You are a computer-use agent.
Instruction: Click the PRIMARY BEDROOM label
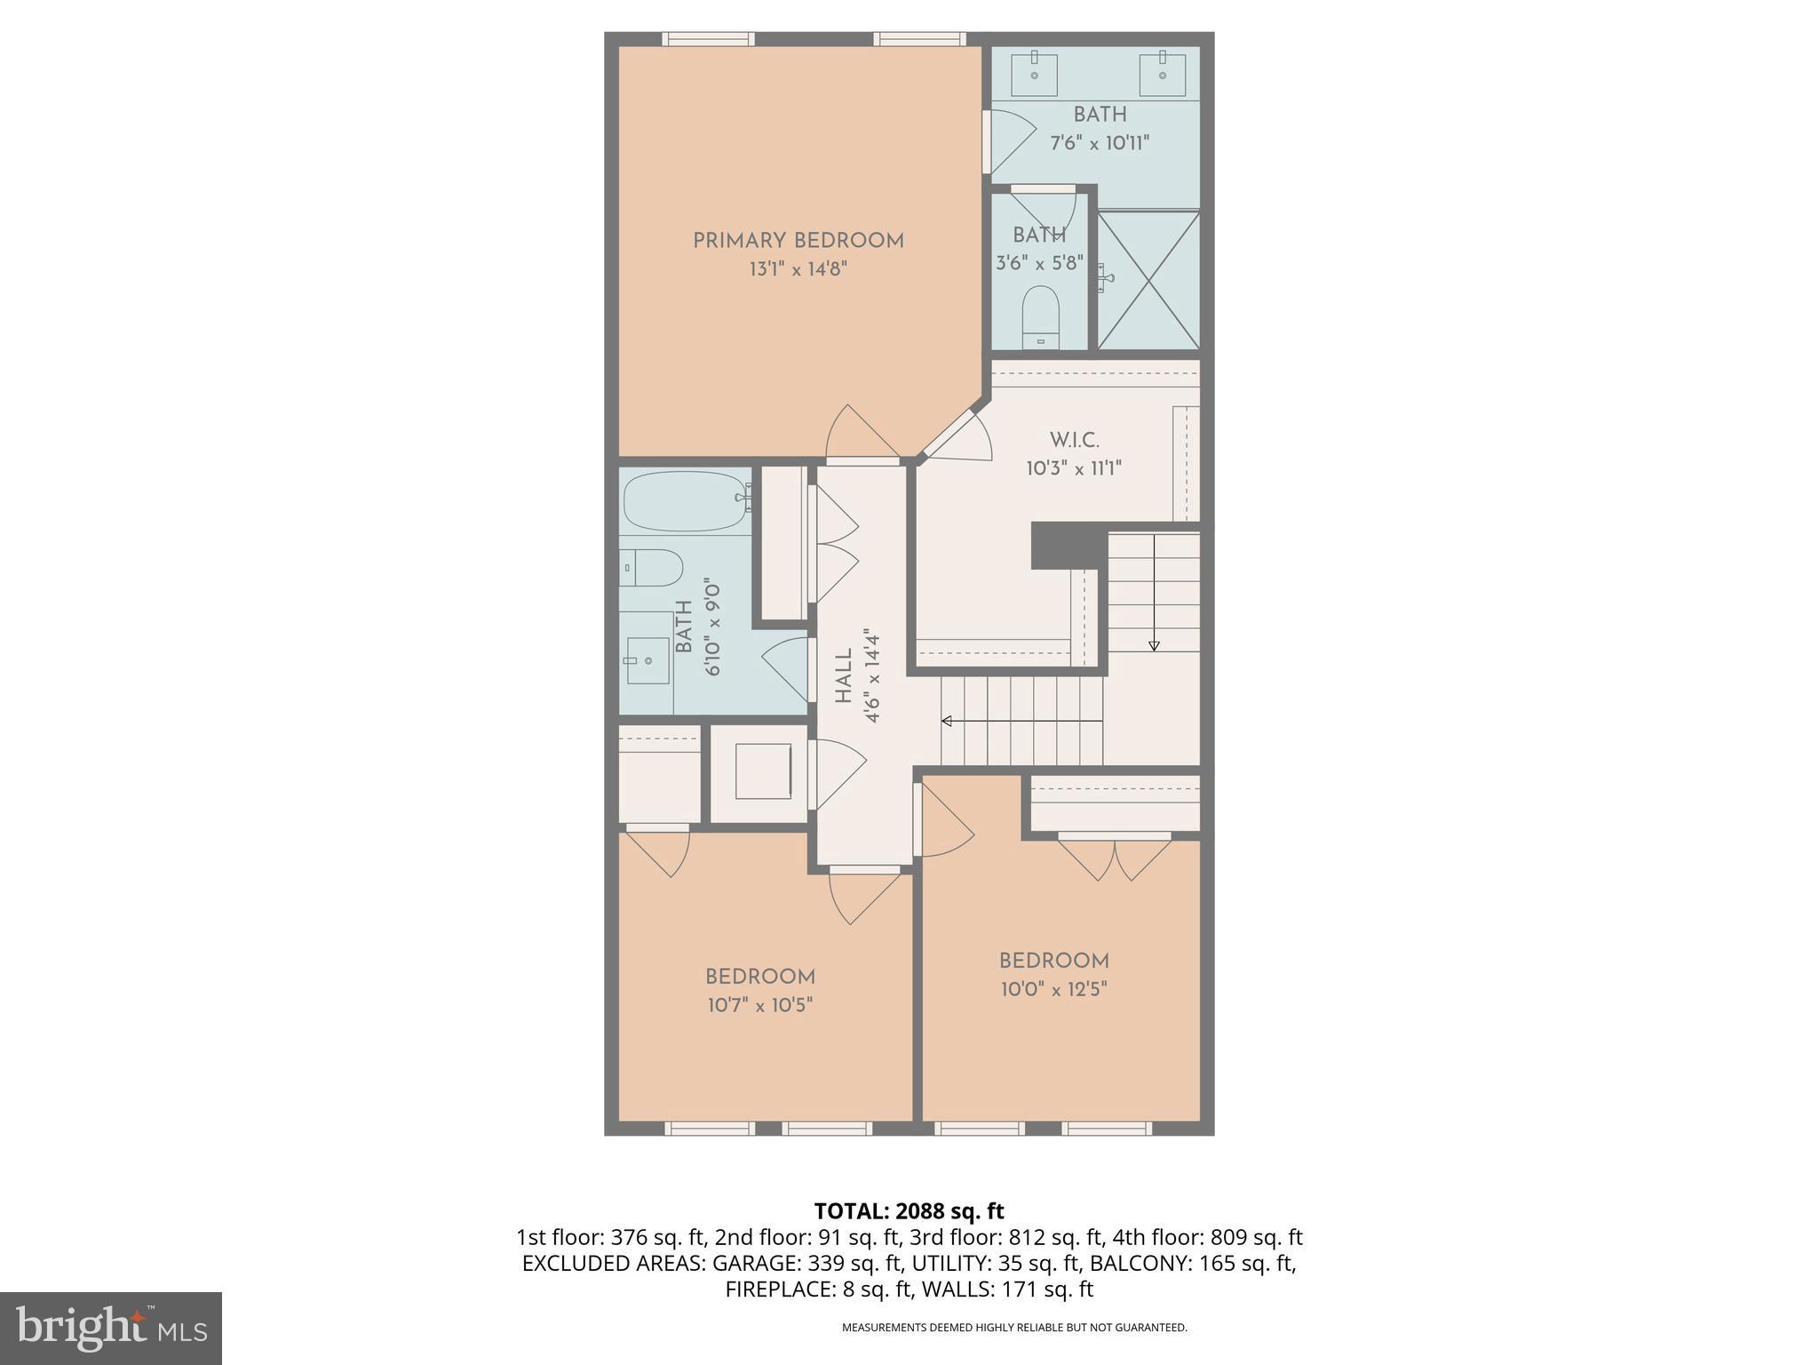point(798,241)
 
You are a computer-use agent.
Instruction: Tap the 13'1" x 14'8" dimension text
point(798,269)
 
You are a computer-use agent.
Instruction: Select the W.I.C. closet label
point(1074,440)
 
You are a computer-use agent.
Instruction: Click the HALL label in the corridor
point(844,675)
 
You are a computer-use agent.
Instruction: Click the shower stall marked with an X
point(1148,280)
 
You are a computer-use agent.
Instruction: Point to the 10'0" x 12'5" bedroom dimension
point(1053,989)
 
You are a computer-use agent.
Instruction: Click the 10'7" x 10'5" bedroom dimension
point(760,1005)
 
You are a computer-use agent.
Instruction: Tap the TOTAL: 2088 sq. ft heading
point(909,1210)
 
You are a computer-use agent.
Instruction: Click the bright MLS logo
point(110,1328)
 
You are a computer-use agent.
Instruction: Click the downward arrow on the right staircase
point(1154,645)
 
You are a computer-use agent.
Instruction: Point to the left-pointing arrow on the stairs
point(947,721)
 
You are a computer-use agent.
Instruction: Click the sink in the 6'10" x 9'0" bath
point(647,660)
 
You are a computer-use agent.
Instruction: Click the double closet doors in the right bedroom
point(1114,857)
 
